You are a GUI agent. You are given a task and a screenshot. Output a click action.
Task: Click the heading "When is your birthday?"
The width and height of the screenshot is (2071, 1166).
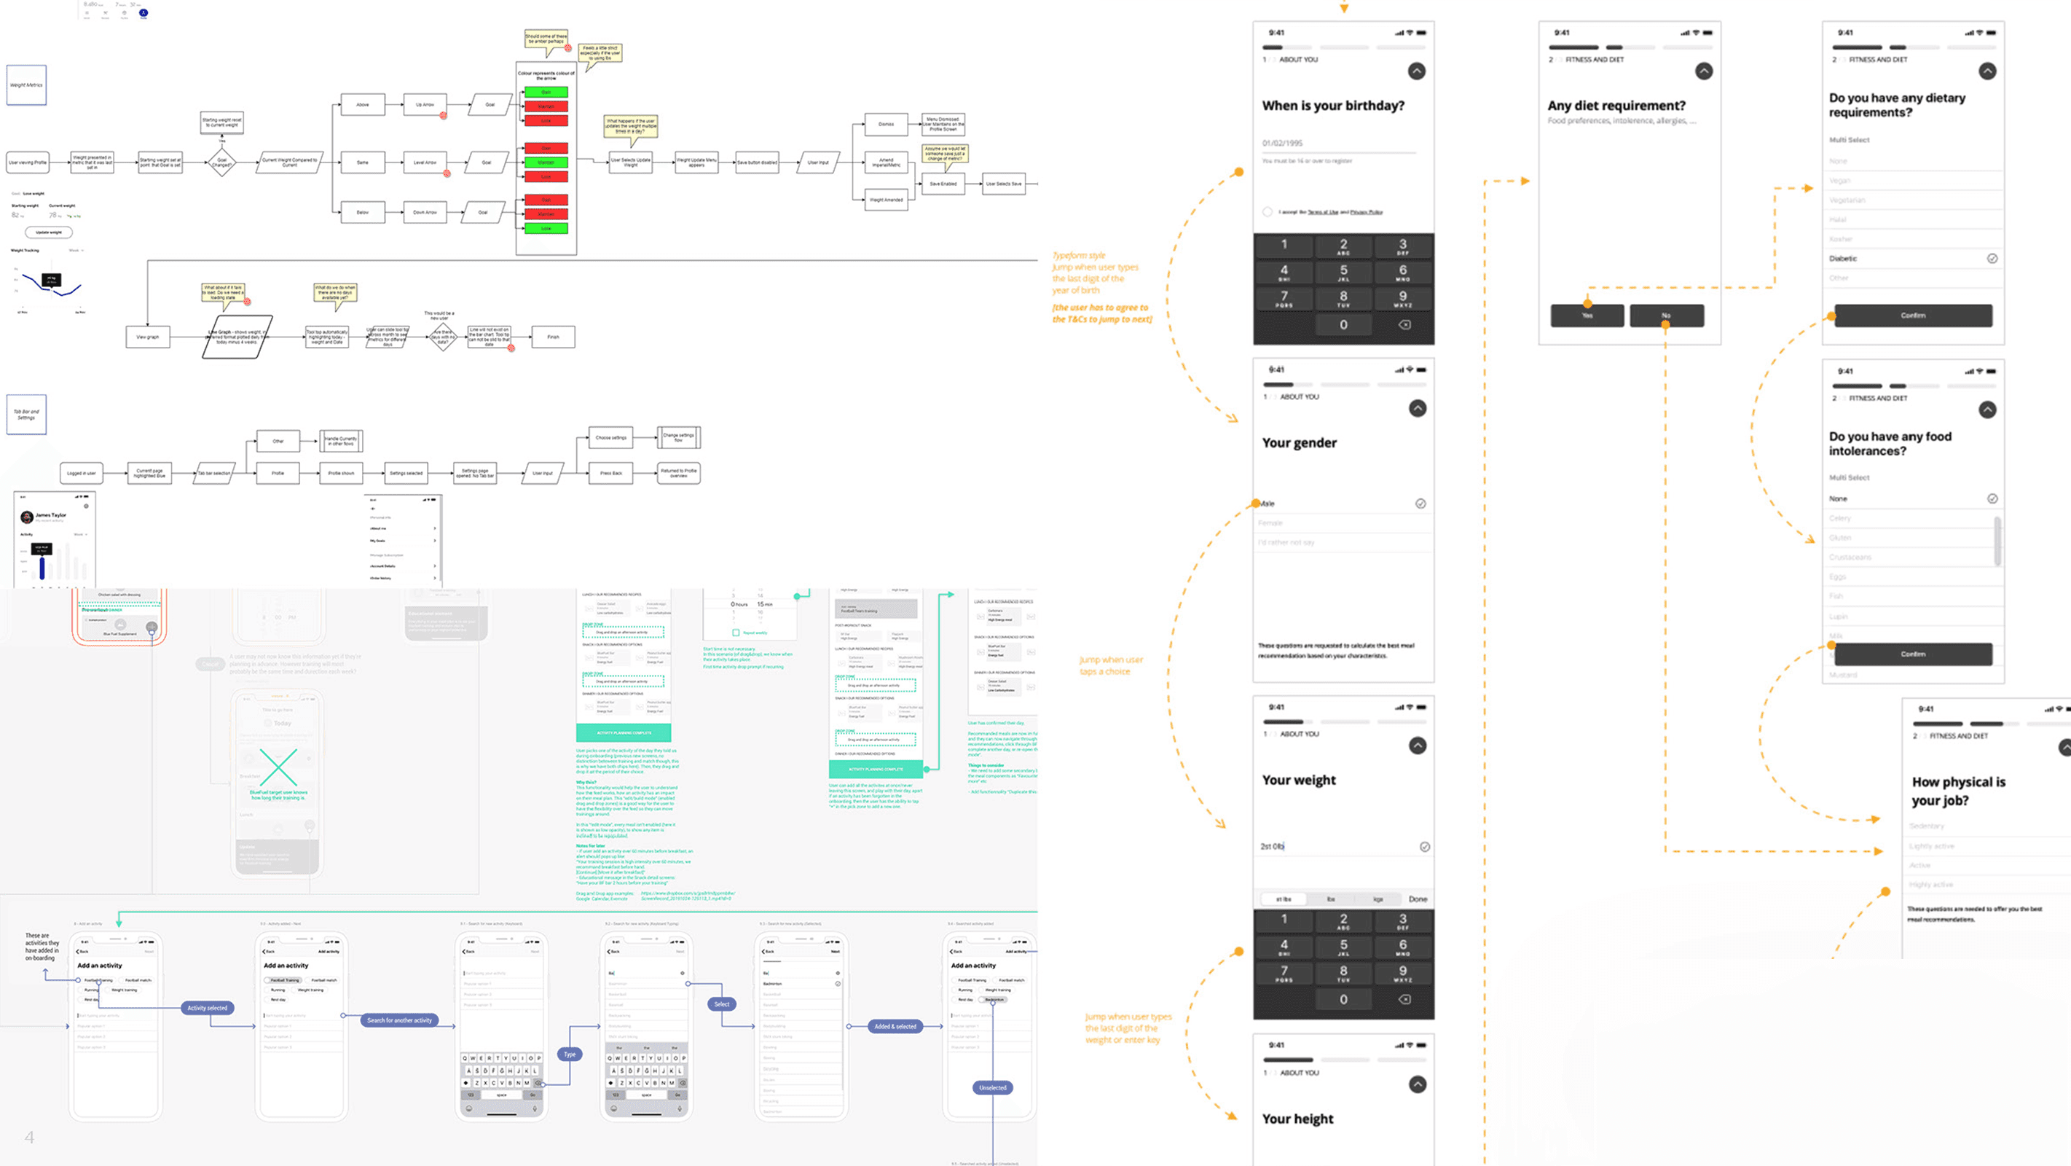(x=1333, y=106)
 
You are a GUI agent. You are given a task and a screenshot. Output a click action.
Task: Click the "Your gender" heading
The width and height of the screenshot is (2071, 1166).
(x=1299, y=442)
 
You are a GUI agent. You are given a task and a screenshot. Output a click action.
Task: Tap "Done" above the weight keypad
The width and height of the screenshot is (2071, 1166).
(x=1418, y=899)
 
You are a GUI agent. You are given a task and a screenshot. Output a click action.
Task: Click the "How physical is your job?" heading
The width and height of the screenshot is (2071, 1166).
(x=1957, y=791)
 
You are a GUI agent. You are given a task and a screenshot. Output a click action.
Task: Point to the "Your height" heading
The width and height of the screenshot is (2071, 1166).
(x=1297, y=1119)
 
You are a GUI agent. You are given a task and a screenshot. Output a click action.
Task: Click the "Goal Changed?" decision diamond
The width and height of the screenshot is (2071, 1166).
(x=222, y=163)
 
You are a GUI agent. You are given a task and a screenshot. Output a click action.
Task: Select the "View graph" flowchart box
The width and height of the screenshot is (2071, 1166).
(x=148, y=337)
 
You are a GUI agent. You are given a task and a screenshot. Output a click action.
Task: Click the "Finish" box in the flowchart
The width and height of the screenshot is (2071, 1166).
(x=553, y=337)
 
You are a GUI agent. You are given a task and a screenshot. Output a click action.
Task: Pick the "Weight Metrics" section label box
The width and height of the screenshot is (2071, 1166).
(x=26, y=85)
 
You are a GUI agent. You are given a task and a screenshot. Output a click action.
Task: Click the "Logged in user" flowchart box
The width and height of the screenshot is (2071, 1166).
(x=81, y=473)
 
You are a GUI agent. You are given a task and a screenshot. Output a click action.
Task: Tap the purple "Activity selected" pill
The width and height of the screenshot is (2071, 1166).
(x=208, y=1008)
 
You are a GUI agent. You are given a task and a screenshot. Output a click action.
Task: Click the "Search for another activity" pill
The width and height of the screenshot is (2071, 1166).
(x=400, y=1020)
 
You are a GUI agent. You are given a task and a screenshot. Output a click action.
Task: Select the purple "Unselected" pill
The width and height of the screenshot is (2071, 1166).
(x=993, y=1087)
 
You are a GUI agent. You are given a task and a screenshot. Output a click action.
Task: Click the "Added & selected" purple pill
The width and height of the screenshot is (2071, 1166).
(x=895, y=1026)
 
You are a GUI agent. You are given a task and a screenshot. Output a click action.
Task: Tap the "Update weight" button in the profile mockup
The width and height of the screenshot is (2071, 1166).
(x=49, y=232)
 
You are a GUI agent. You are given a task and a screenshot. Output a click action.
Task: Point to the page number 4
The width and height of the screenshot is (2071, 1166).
(x=30, y=1137)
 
